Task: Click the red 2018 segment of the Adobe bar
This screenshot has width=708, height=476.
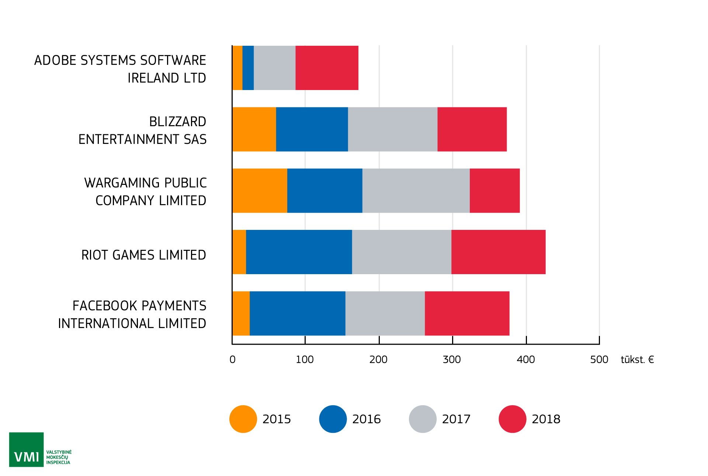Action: (327, 68)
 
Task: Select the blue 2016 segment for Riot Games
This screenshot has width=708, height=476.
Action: (299, 252)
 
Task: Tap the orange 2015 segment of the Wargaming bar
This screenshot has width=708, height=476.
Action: (260, 191)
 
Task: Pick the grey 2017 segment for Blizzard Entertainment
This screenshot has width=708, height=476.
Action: (392, 129)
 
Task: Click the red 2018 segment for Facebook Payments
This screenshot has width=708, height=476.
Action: (467, 313)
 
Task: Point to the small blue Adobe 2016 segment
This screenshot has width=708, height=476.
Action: (248, 68)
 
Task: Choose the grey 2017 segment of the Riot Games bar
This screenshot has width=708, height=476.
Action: (402, 252)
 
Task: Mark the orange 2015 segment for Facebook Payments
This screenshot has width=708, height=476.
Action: (241, 313)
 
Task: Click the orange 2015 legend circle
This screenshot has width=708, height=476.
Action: (243, 419)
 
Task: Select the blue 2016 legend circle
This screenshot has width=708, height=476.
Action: (333, 419)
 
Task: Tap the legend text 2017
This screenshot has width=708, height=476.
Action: (456, 419)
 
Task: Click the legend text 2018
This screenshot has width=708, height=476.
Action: (546, 419)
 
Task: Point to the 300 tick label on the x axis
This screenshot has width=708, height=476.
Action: (452, 359)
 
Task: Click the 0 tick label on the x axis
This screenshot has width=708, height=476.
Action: (232, 359)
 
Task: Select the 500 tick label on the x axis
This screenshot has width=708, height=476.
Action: (599, 359)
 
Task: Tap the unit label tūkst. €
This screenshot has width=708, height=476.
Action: (637, 359)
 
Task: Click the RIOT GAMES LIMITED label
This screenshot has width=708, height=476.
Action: (143, 255)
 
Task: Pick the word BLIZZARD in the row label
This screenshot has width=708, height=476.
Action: (177, 121)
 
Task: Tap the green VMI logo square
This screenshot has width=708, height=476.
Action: (26, 449)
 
